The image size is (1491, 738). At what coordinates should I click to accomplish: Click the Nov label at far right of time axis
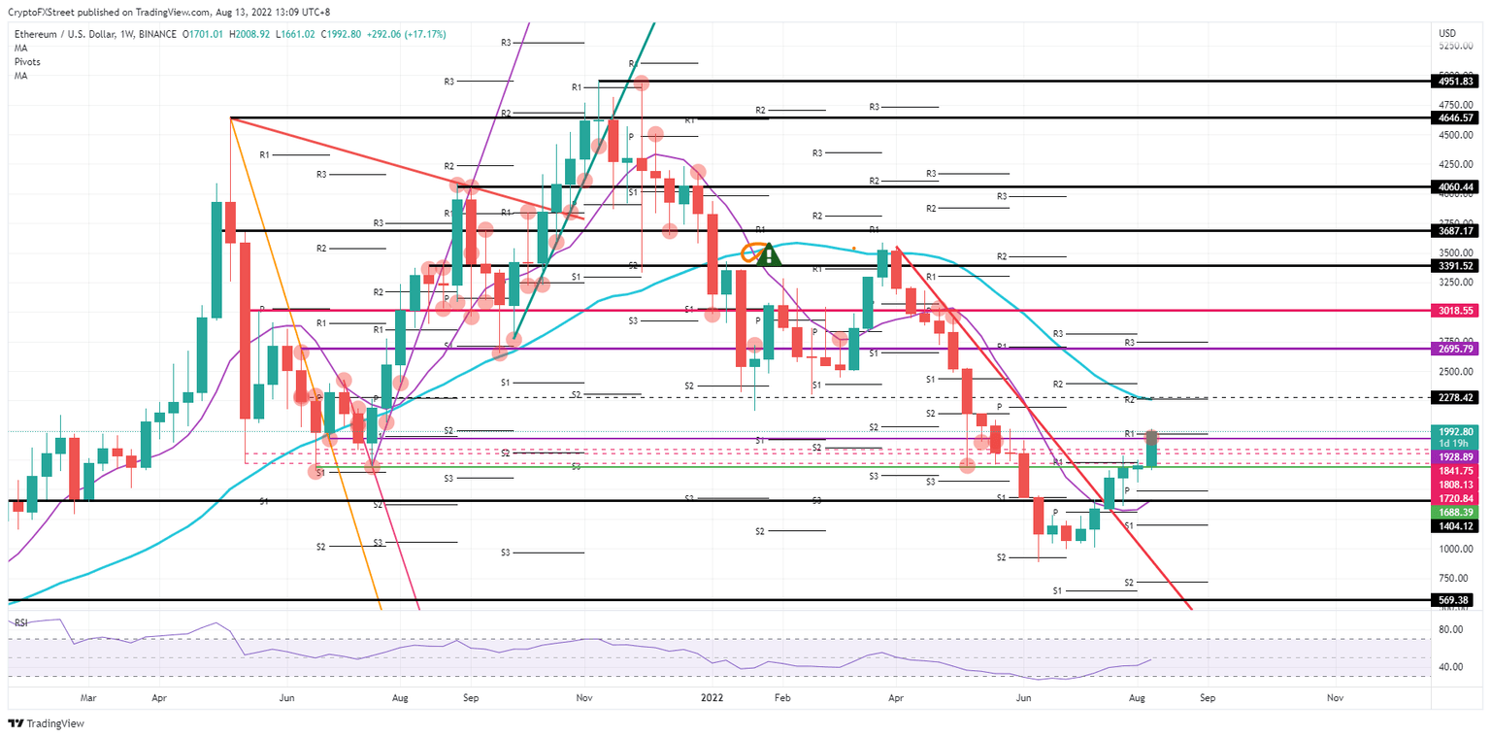point(1335,697)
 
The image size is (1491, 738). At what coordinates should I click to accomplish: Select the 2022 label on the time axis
point(712,697)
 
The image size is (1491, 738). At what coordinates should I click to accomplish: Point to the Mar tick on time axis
point(88,697)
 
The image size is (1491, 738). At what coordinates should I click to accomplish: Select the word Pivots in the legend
point(28,60)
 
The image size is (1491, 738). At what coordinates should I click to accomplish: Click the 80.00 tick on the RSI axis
point(1449,630)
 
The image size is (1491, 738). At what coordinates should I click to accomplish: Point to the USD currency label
point(1445,32)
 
